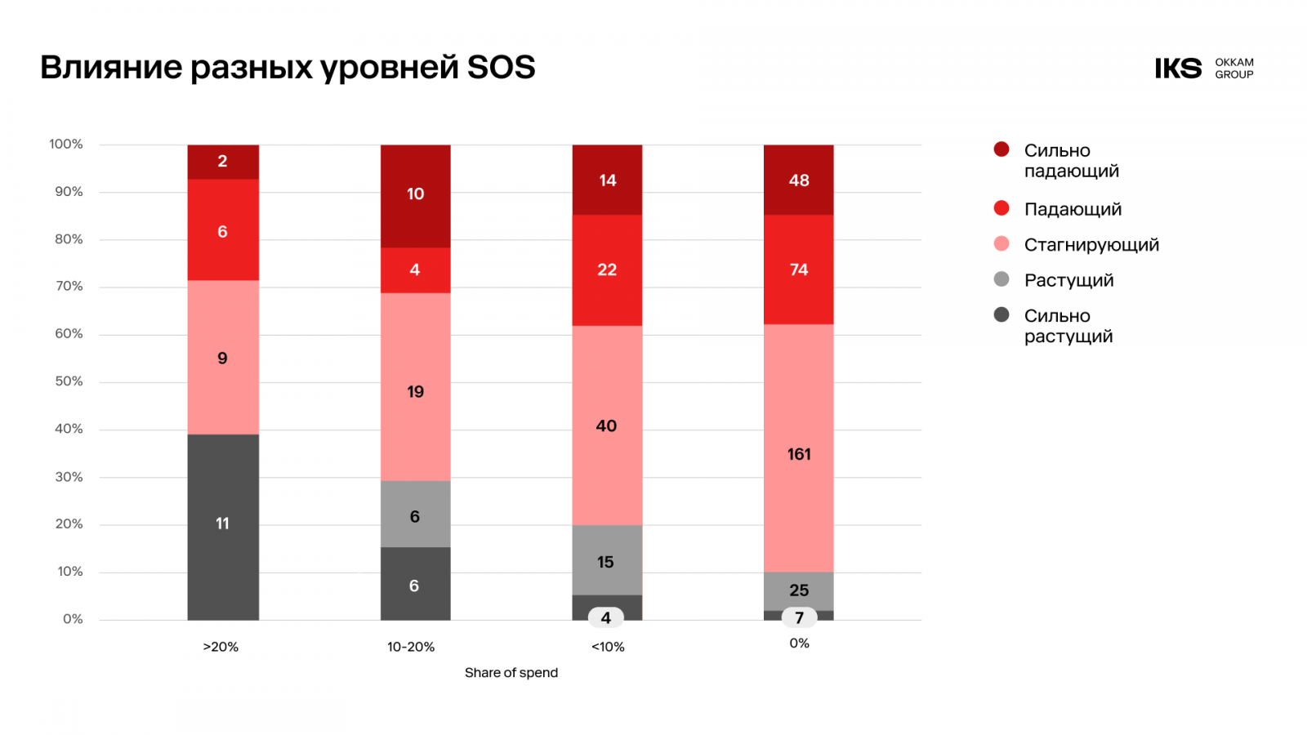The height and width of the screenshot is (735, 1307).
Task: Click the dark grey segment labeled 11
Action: [223, 527]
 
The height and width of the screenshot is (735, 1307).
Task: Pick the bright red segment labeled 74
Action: [799, 269]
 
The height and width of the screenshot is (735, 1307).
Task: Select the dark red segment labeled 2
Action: [223, 162]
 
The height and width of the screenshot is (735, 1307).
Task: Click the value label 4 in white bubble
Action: [606, 618]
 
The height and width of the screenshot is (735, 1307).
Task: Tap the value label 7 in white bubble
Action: [799, 618]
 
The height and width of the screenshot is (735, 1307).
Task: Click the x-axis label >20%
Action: [221, 647]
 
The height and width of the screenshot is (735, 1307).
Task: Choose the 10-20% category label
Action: [411, 647]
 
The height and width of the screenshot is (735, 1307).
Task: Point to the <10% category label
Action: [608, 647]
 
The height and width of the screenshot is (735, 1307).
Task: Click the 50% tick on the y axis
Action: [69, 381]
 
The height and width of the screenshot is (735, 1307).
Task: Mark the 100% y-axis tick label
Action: [66, 145]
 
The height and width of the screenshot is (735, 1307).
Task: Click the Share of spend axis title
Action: [511, 673]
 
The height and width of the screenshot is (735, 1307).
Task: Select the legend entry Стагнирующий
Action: [1091, 245]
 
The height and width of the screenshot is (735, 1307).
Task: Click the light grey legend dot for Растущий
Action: [1001, 279]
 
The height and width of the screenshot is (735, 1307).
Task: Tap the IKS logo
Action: [1178, 69]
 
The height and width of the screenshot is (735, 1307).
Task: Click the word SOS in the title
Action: [501, 68]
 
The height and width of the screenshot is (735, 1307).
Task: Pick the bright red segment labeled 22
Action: [607, 269]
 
